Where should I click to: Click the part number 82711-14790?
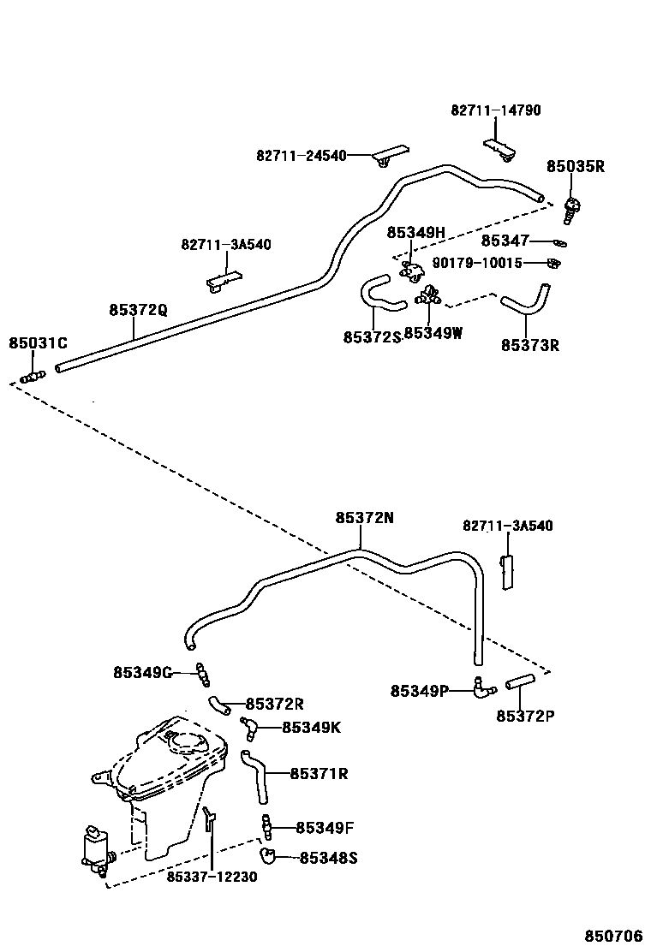[x=496, y=110]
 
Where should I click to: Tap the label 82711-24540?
[x=301, y=156]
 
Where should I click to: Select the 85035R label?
[x=576, y=167]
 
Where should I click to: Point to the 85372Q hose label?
[x=138, y=310]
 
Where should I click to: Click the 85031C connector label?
[x=38, y=343]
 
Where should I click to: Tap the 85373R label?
[x=529, y=346]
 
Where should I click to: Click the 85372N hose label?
[x=365, y=518]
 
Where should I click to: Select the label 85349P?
[x=419, y=691]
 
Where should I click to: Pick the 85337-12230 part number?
[x=212, y=877]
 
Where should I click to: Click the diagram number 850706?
[x=613, y=936]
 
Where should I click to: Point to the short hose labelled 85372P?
[x=518, y=682]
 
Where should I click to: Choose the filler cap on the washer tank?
[x=192, y=741]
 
